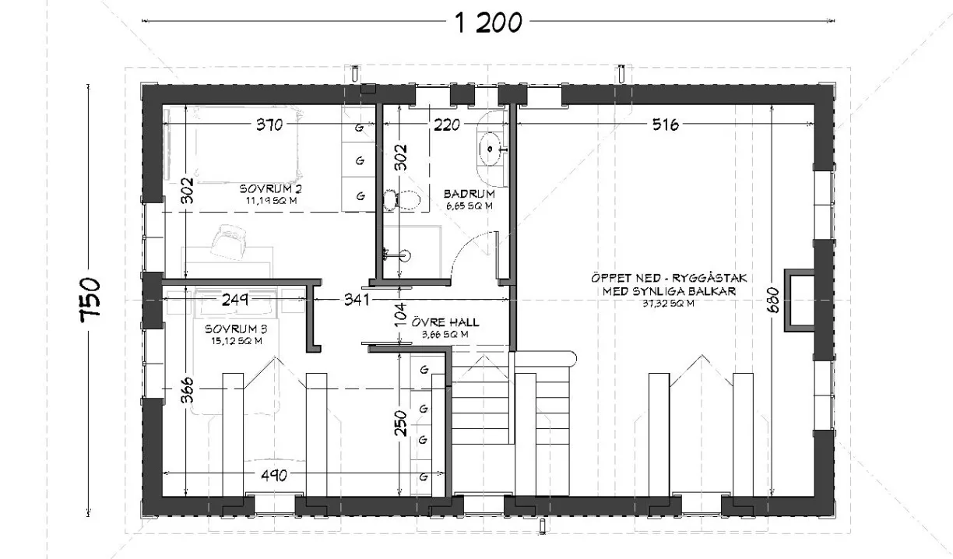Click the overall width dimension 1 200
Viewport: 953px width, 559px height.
(x=488, y=23)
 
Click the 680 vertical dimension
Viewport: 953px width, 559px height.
(x=773, y=297)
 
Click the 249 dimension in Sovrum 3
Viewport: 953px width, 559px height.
(x=234, y=297)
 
